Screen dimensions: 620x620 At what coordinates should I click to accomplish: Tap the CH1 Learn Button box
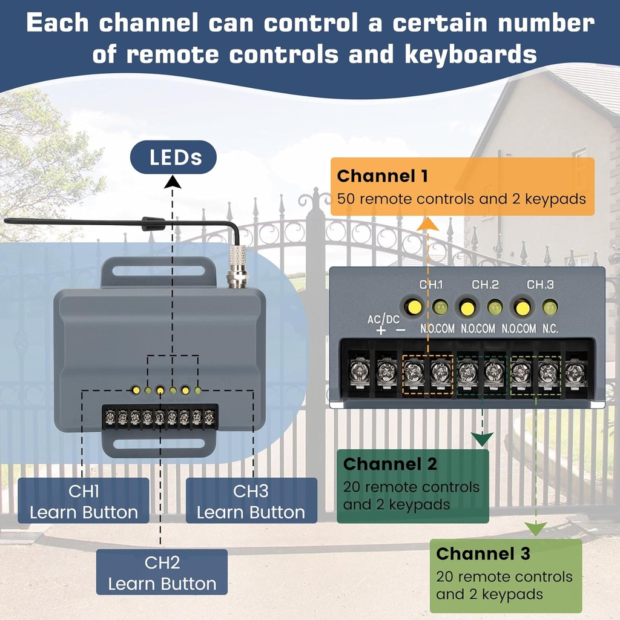click(84, 501)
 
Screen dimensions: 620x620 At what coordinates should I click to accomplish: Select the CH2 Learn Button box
click(162, 573)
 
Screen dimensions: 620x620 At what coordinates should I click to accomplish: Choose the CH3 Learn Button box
click(251, 501)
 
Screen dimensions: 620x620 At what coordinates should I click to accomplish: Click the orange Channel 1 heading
click(382, 176)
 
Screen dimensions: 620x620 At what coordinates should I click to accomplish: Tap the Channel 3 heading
click(483, 553)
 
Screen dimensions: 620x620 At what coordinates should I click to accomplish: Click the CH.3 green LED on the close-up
click(550, 308)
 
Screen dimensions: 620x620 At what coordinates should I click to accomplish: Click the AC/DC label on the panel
click(383, 318)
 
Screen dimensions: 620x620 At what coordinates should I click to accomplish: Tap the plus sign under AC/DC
click(380, 330)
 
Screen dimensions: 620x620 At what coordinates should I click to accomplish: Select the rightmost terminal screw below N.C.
click(575, 372)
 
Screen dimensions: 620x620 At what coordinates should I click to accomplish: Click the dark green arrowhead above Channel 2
click(481, 440)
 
